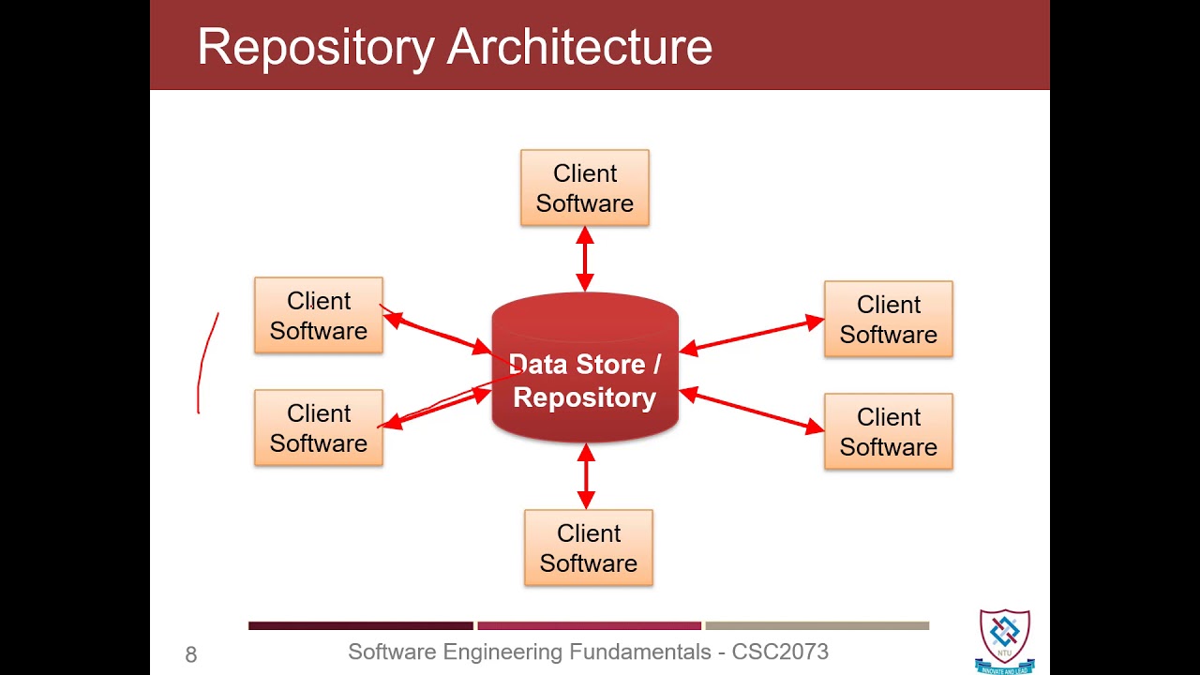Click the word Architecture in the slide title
point(579,47)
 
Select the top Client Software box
point(585,188)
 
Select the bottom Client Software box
point(589,548)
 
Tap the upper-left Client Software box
point(319,316)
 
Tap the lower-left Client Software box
point(319,428)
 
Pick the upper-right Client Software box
point(889,320)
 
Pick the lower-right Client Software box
point(889,432)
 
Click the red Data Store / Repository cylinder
point(585,375)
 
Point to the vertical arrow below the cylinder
point(586,476)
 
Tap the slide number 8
point(191,655)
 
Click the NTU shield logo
point(1005,637)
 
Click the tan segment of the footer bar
point(817,625)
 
